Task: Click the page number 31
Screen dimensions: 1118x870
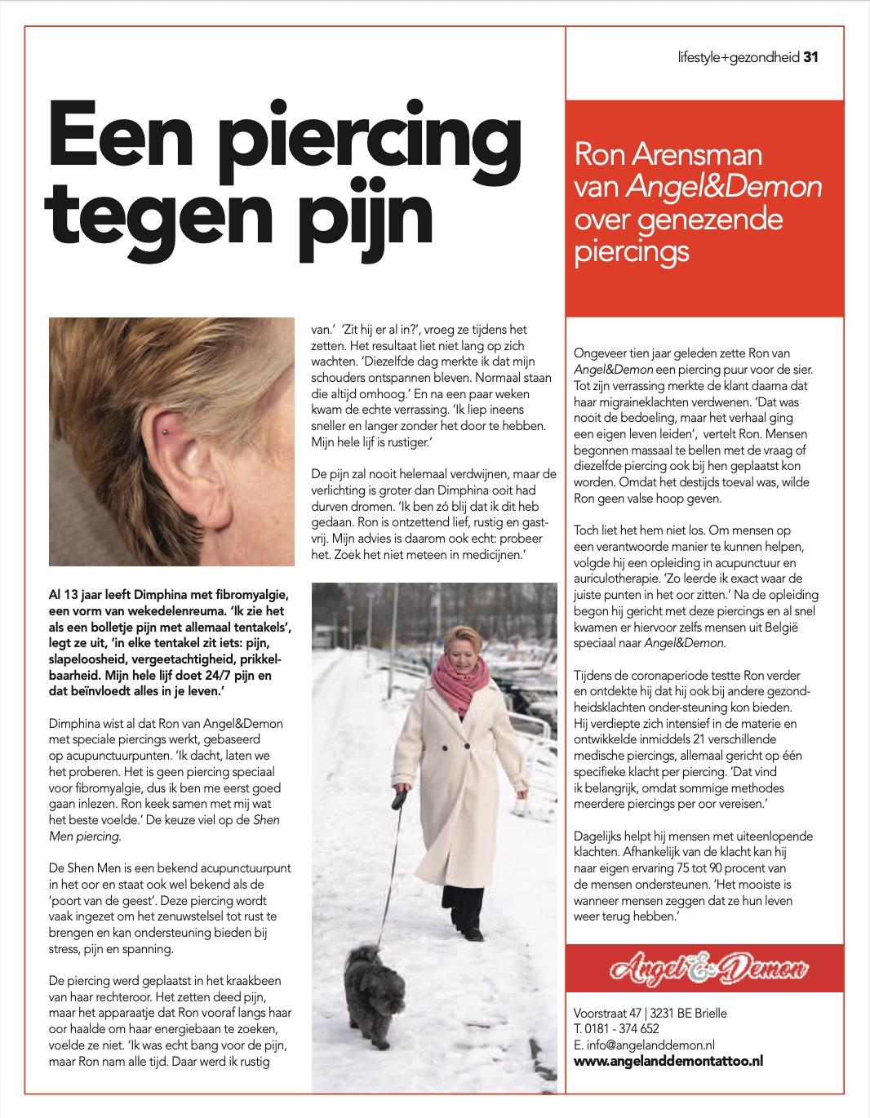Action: click(x=810, y=57)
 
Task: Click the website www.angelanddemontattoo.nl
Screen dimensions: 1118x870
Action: click(x=668, y=1060)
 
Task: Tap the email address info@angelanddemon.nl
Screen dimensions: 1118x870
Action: click(x=645, y=1044)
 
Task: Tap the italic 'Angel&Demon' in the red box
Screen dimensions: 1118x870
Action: click(x=724, y=187)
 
